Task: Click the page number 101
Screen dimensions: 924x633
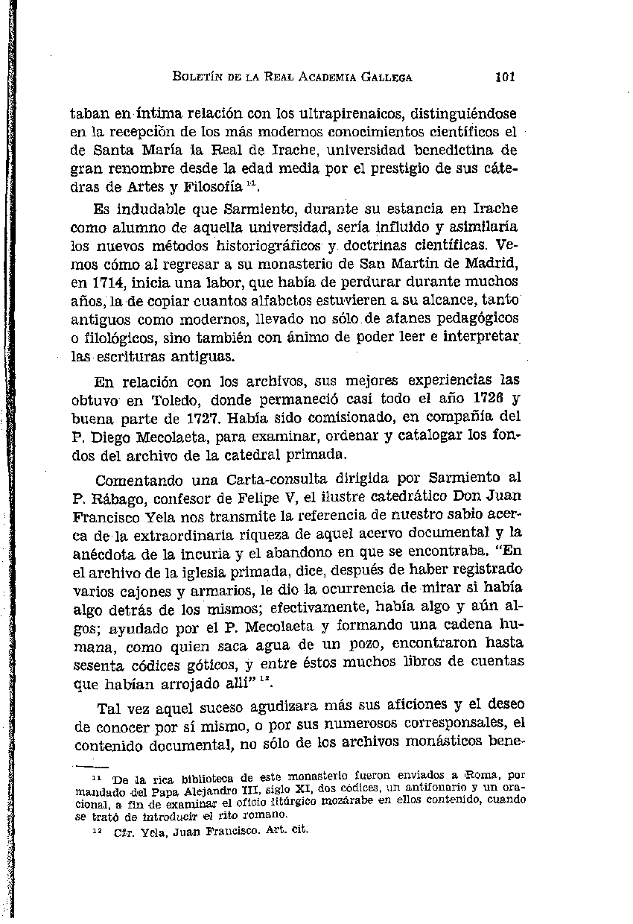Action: [x=504, y=77]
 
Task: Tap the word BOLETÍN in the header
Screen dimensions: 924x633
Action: [x=196, y=77]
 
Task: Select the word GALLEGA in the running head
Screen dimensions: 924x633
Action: [x=387, y=77]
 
